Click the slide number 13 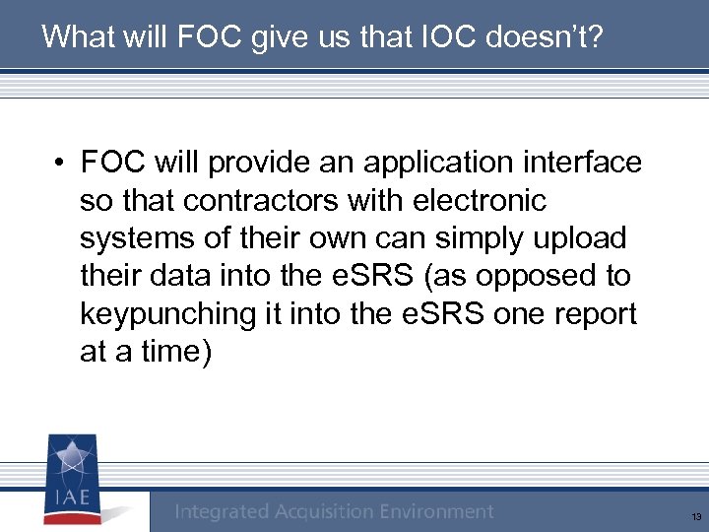(x=696, y=516)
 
